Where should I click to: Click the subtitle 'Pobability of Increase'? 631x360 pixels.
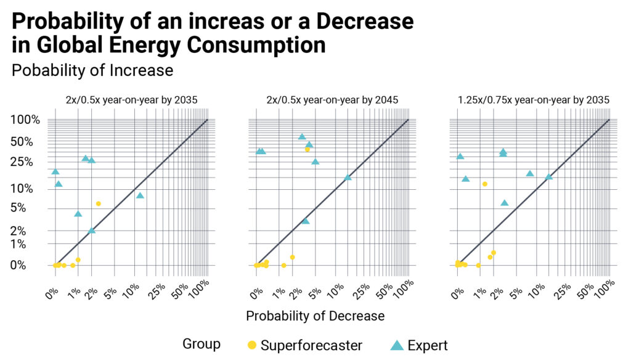pyautogui.click(x=92, y=70)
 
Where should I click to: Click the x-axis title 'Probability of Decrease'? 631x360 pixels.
pyautogui.click(x=315, y=316)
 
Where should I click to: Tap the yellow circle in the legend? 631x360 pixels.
pyautogui.click(x=251, y=345)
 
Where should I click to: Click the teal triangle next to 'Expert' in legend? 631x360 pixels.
pyautogui.click(x=397, y=345)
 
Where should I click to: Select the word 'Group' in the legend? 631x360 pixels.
pyautogui.click(x=202, y=344)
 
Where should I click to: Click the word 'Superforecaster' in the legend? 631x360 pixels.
pyautogui.click(x=311, y=345)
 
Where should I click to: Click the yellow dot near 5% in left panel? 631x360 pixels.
pyautogui.click(x=98, y=203)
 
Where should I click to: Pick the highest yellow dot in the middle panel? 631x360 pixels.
pyautogui.click(x=307, y=149)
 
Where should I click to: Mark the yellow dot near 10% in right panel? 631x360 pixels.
pyautogui.click(x=485, y=184)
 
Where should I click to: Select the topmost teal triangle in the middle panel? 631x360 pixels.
pyautogui.click(x=302, y=137)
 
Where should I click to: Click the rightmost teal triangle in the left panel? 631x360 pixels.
pyautogui.click(x=140, y=195)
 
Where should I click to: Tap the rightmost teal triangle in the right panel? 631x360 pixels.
pyautogui.click(x=548, y=177)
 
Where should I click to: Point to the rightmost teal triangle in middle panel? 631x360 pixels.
pyautogui.click(x=348, y=177)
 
